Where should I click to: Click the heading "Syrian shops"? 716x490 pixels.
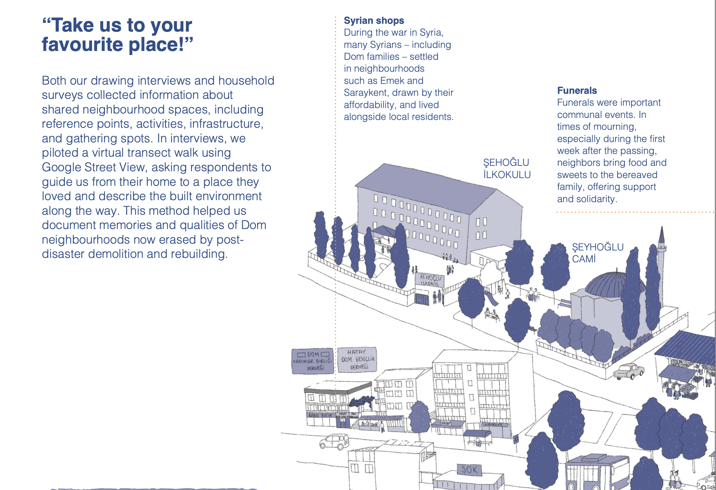click(374, 21)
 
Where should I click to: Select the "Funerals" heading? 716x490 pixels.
click(577, 90)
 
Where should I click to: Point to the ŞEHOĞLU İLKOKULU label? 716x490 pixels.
click(506, 169)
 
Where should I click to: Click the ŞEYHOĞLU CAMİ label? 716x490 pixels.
click(597, 253)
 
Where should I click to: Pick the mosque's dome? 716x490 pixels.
click(608, 284)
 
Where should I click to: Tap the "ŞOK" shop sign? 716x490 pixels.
click(469, 470)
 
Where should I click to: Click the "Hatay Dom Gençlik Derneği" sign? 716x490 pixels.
click(357, 360)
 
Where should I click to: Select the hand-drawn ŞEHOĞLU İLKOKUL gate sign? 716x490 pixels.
click(430, 280)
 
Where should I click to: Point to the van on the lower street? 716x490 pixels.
click(334, 441)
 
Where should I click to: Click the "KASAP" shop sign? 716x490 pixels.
click(446, 423)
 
